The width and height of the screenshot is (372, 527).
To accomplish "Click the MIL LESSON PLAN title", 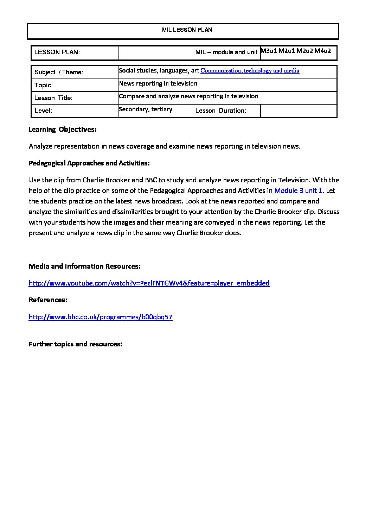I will (x=187, y=30).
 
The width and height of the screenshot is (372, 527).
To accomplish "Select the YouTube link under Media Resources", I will (x=149, y=283).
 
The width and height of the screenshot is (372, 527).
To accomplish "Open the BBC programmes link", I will (x=101, y=317).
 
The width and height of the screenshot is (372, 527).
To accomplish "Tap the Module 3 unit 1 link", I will (x=298, y=191).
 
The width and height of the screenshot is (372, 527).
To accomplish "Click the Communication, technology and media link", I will (x=250, y=71).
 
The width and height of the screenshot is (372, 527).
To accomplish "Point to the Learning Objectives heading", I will (x=63, y=129).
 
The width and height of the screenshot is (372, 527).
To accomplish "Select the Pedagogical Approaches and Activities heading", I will (x=89, y=163).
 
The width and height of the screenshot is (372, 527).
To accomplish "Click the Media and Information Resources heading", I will (x=84, y=266).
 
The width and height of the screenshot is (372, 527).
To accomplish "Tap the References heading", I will (x=48, y=300).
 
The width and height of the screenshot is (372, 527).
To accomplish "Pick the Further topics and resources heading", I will (x=75, y=344).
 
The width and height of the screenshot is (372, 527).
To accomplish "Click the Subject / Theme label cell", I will (x=59, y=72).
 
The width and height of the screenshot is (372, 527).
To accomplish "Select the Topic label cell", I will (x=44, y=85).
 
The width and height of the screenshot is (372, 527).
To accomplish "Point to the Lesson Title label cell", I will (x=53, y=98).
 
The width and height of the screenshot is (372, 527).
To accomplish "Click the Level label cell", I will (x=43, y=111).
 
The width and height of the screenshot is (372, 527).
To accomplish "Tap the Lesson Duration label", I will (x=220, y=111).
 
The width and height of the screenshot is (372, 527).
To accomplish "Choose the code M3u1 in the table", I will (x=269, y=51).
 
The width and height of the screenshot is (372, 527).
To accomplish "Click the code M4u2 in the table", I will (x=323, y=51).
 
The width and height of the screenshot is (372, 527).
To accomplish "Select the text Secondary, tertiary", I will (x=146, y=109).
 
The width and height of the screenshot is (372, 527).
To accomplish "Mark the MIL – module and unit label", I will (x=226, y=52).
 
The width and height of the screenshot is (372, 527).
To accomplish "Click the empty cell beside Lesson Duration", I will (x=299, y=111).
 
